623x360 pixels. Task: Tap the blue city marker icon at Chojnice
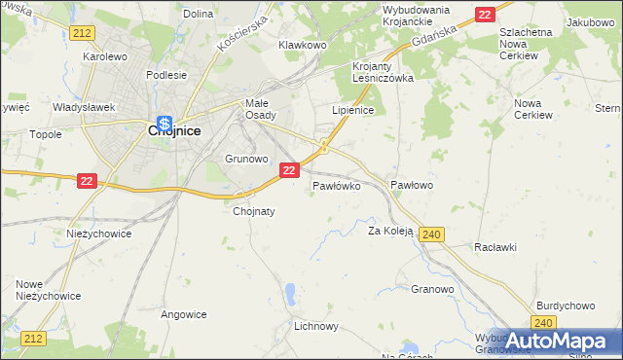pos(165,124)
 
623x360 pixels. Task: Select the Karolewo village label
pos(105,57)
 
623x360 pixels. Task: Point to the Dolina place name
pos(198,14)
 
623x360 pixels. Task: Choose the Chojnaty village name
pos(254,211)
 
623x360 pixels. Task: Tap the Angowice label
pos(184,314)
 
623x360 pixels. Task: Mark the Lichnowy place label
pos(315,327)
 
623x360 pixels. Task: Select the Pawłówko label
pos(337,185)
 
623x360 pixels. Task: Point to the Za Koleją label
pos(390,232)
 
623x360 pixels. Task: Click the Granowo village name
pos(433,289)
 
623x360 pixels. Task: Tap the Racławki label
pos(495,247)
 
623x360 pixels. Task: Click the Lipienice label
pos(353,111)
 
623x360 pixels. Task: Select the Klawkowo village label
pos(302,45)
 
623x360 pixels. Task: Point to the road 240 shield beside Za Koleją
pos(434,234)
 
